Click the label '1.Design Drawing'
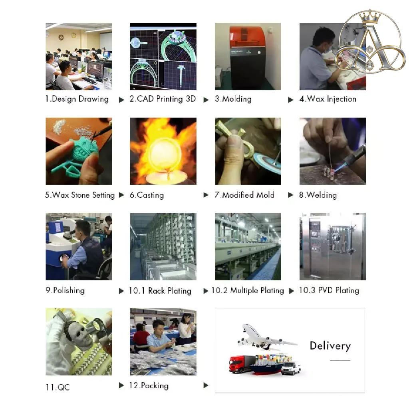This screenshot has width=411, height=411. (77, 99)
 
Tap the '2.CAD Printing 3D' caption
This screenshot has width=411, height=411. (163, 99)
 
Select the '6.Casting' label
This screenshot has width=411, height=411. (147, 195)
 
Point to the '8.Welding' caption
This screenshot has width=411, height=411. (318, 195)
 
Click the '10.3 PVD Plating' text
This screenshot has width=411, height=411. (329, 290)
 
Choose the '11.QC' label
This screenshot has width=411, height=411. (58, 387)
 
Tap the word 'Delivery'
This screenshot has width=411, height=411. (330, 346)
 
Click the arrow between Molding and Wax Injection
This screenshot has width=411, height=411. (291, 99)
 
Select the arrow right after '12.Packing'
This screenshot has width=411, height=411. (206, 385)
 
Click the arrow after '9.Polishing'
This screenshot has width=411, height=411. (121, 291)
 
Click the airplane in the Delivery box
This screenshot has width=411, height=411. (266, 337)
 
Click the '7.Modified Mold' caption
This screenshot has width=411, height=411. (244, 195)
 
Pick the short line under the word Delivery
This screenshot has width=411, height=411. (340, 360)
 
